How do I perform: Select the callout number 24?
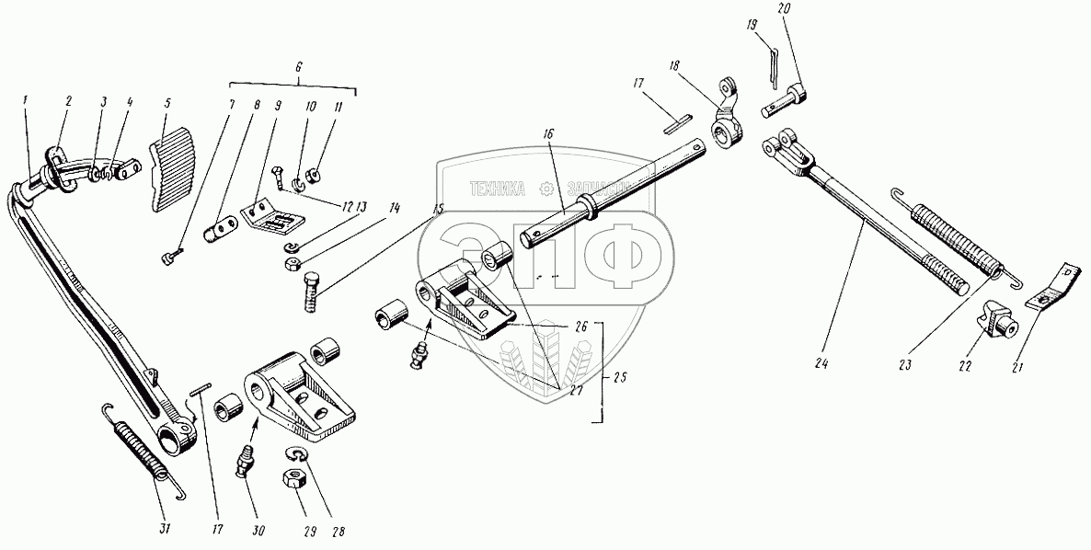tap(821, 363)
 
